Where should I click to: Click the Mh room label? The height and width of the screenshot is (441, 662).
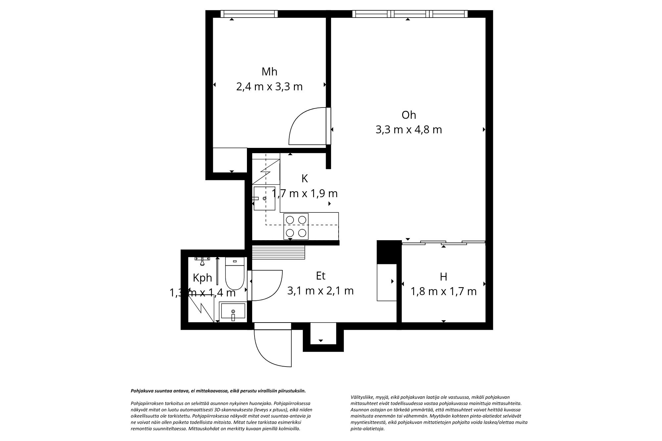[x=269, y=71]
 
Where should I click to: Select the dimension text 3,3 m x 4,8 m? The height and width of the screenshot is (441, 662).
[x=408, y=130]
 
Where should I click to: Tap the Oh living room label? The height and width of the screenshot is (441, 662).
[x=408, y=115]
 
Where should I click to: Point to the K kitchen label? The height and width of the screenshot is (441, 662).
[x=305, y=179]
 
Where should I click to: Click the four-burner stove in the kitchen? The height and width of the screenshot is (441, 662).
[x=296, y=226]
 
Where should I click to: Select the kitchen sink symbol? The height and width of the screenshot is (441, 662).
[x=264, y=198]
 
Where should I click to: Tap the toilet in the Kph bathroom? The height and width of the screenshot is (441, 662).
[x=235, y=275]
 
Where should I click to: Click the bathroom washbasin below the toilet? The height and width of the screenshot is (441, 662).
[x=233, y=311]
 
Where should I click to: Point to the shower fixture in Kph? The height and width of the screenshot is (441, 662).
[x=202, y=260]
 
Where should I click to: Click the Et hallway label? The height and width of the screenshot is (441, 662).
[x=320, y=276]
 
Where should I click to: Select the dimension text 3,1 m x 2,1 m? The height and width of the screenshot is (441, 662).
[x=320, y=291]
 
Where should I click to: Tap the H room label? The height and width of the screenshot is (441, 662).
[x=443, y=277]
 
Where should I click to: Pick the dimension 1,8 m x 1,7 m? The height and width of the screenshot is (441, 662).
[x=443, y=291]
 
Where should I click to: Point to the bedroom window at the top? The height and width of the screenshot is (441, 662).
[x=249, y=14]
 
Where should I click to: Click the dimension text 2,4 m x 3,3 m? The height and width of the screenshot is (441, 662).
[x=269, y=87]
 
